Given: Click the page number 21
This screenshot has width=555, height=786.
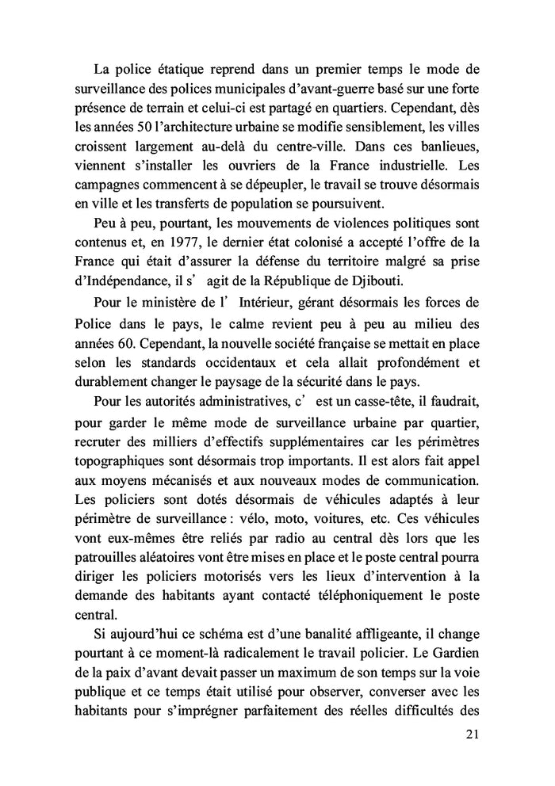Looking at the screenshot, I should point(472,734).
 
